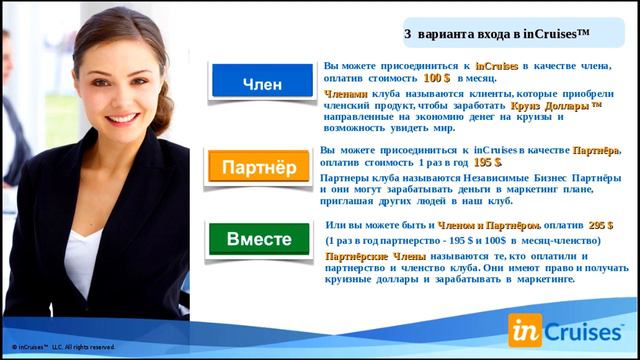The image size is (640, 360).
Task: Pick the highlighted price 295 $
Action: [x=601, y=226]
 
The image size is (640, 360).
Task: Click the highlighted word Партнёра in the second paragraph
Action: [x=596, y=150]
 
